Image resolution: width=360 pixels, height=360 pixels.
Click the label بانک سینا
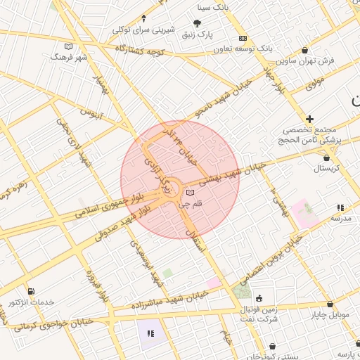coord(214,8)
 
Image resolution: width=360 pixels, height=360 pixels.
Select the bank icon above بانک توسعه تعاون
coord(242,37)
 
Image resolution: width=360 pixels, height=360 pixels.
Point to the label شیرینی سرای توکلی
coord(143,30)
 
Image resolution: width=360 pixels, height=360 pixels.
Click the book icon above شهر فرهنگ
coord(68,46)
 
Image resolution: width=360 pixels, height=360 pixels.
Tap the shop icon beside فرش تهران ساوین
coord(304,50)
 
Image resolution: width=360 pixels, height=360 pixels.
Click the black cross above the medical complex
coord(309,119)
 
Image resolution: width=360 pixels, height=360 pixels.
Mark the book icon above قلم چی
coord(190,193)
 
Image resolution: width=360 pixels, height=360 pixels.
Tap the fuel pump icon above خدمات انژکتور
coord(31,291)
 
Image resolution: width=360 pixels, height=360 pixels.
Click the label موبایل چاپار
coord(329,314)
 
